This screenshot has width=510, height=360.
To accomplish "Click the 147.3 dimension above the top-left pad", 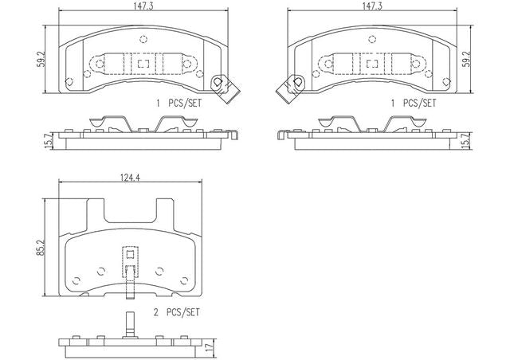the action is (x=143, y=6).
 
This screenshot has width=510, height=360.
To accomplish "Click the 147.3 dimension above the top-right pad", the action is (x=372, y=6).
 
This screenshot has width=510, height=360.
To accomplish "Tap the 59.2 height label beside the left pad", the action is (x=41, y=59).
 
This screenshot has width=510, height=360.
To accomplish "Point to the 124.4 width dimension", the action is (x=130, y=178).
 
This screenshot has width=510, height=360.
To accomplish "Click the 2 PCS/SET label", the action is (x=176, y=312).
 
